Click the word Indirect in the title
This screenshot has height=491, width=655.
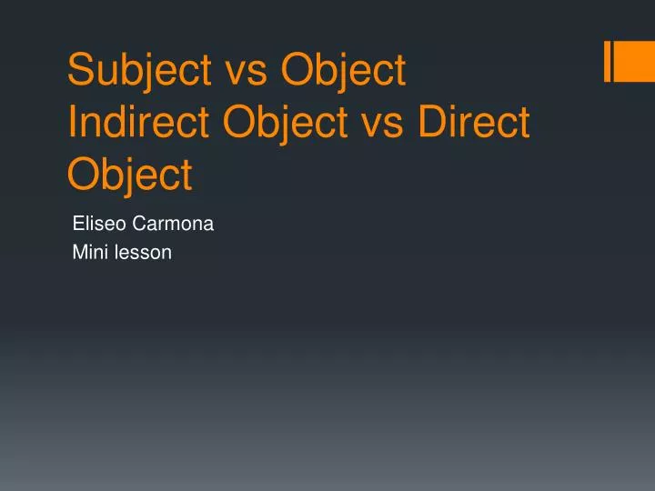[x=138, y=123]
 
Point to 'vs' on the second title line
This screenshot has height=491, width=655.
[x=382, y=123]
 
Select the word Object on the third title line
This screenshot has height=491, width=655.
[x=130, y=174]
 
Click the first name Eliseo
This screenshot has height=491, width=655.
[x=96, y=222]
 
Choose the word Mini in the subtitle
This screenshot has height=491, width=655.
[x=87, y=253]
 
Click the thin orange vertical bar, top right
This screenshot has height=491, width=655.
[x=607, y=62]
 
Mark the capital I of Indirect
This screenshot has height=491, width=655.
[x=73, y=123]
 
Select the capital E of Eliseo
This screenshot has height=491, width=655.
[x=77, y=222]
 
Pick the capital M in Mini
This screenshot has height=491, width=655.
[x=78, y=253]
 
